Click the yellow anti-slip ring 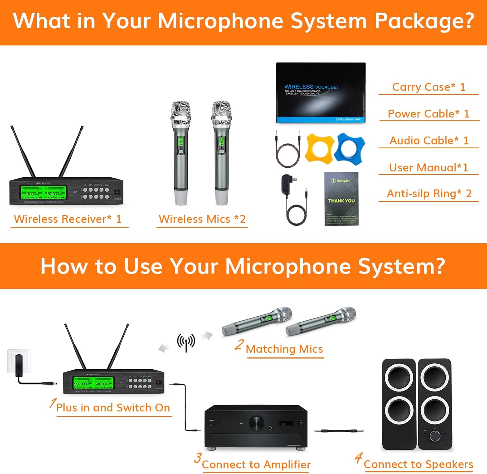coord(319,148)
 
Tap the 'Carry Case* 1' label coord(429,87)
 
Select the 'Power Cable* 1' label coord(429,114)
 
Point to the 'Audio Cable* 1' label coord(429,140)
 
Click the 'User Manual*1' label coord(429,167)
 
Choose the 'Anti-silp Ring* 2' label coord(429,194)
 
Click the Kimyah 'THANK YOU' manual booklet coord(342,199)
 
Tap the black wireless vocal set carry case coord(321,93)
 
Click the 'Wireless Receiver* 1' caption coord(68,219)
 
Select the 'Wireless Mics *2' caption coord(202,219)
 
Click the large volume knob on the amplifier coord(256,423)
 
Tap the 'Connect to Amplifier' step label coord(256,465)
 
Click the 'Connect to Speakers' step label coord(418,464)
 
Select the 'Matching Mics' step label coord(284,349)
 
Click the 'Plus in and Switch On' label coord(113,407)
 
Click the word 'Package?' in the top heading coord(424,21)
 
